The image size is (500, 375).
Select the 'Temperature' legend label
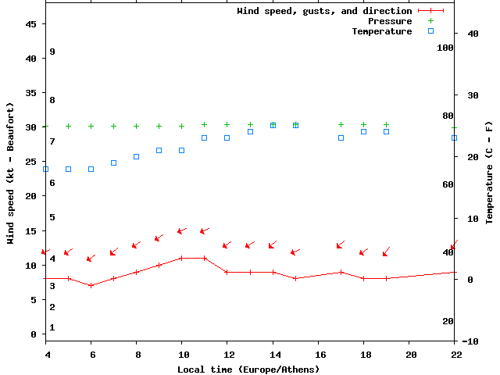(x=381, y=31)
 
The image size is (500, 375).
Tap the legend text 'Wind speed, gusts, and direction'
(x=324, y=11)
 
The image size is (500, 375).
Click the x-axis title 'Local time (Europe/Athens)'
(x=236, y=369)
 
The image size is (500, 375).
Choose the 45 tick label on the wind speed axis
(x=31, y=24)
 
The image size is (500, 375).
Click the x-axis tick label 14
(x=273, y=355)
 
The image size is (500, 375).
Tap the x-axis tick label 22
(x=455, y=355)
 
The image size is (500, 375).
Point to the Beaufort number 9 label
(x=52, y=52)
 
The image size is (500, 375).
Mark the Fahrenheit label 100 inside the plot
(x=445, y=48)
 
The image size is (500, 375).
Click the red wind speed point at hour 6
(x=91, y=285)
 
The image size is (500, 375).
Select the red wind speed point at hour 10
(x=182, y=258)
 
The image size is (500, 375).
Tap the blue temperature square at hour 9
(x=159, y=150)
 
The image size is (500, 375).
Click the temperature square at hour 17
(x=341, y=137)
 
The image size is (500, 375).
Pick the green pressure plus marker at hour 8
(x=137, y=126)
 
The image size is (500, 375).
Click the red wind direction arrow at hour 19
(x=386, y=252)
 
